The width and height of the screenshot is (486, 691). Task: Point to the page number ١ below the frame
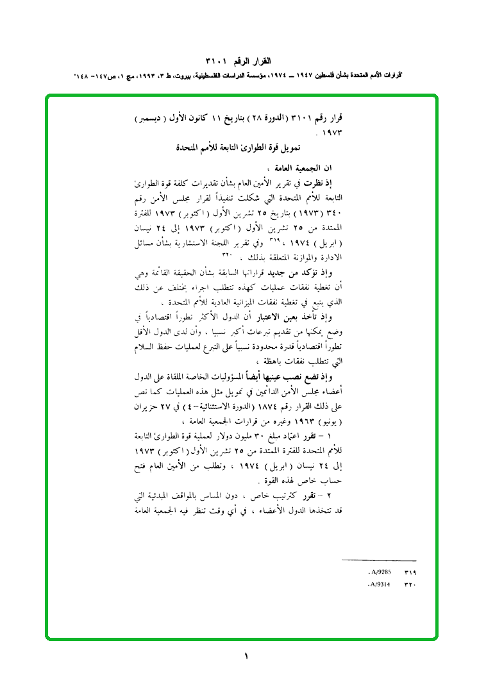pyautogui.click(x=246, y=656)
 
